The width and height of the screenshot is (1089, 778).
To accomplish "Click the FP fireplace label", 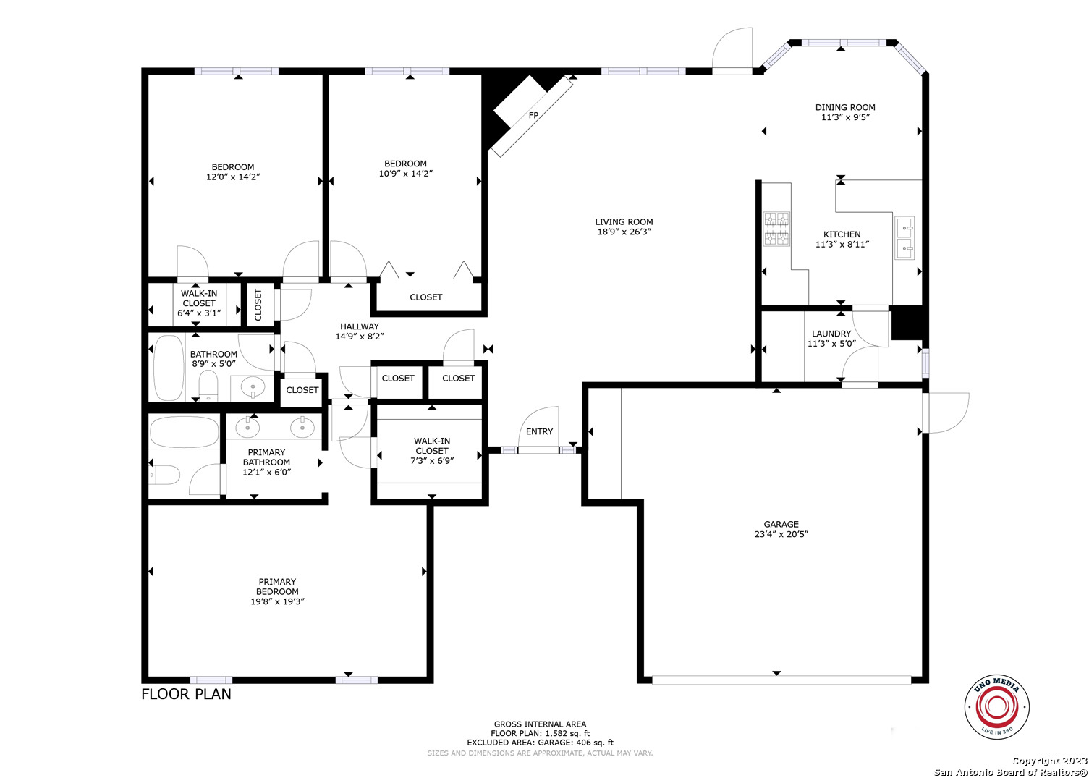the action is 533,115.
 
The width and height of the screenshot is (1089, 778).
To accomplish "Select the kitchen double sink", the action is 904,238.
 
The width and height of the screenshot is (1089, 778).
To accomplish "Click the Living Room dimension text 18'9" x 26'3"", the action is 624,232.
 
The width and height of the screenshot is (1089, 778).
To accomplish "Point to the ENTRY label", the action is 539,431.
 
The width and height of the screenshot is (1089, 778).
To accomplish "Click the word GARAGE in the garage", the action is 781,524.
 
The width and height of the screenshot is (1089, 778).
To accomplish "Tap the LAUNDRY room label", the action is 831,334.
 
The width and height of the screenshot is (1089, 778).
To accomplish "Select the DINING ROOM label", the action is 845,107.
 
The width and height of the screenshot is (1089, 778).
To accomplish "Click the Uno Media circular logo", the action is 996,706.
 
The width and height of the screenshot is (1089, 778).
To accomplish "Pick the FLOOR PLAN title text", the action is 186,694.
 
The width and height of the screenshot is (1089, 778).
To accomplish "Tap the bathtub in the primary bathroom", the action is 185,432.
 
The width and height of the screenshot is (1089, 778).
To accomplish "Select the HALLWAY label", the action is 360,326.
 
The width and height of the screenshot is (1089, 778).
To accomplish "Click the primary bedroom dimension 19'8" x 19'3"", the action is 277,601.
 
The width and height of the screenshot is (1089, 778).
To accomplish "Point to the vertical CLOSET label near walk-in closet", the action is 258,305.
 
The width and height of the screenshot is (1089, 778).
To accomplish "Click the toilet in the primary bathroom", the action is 165,475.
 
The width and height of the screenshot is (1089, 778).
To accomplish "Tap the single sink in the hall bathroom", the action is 253,387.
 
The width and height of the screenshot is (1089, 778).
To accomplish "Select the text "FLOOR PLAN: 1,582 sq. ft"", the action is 540,733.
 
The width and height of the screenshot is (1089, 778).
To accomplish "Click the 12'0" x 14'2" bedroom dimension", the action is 233,177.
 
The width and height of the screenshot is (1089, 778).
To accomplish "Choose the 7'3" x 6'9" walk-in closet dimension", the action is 432,460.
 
